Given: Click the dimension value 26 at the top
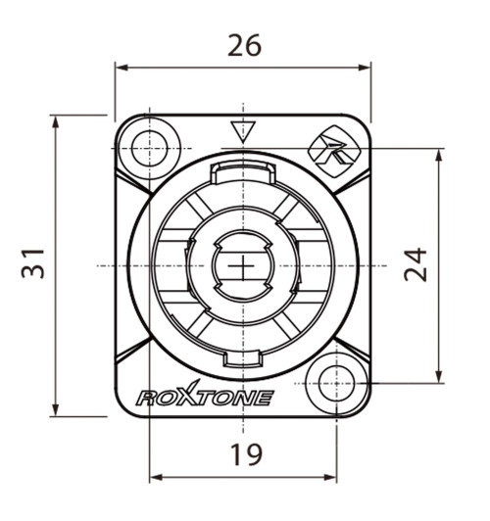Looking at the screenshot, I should point(244,45).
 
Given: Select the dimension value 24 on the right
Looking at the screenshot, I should point(418,263).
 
